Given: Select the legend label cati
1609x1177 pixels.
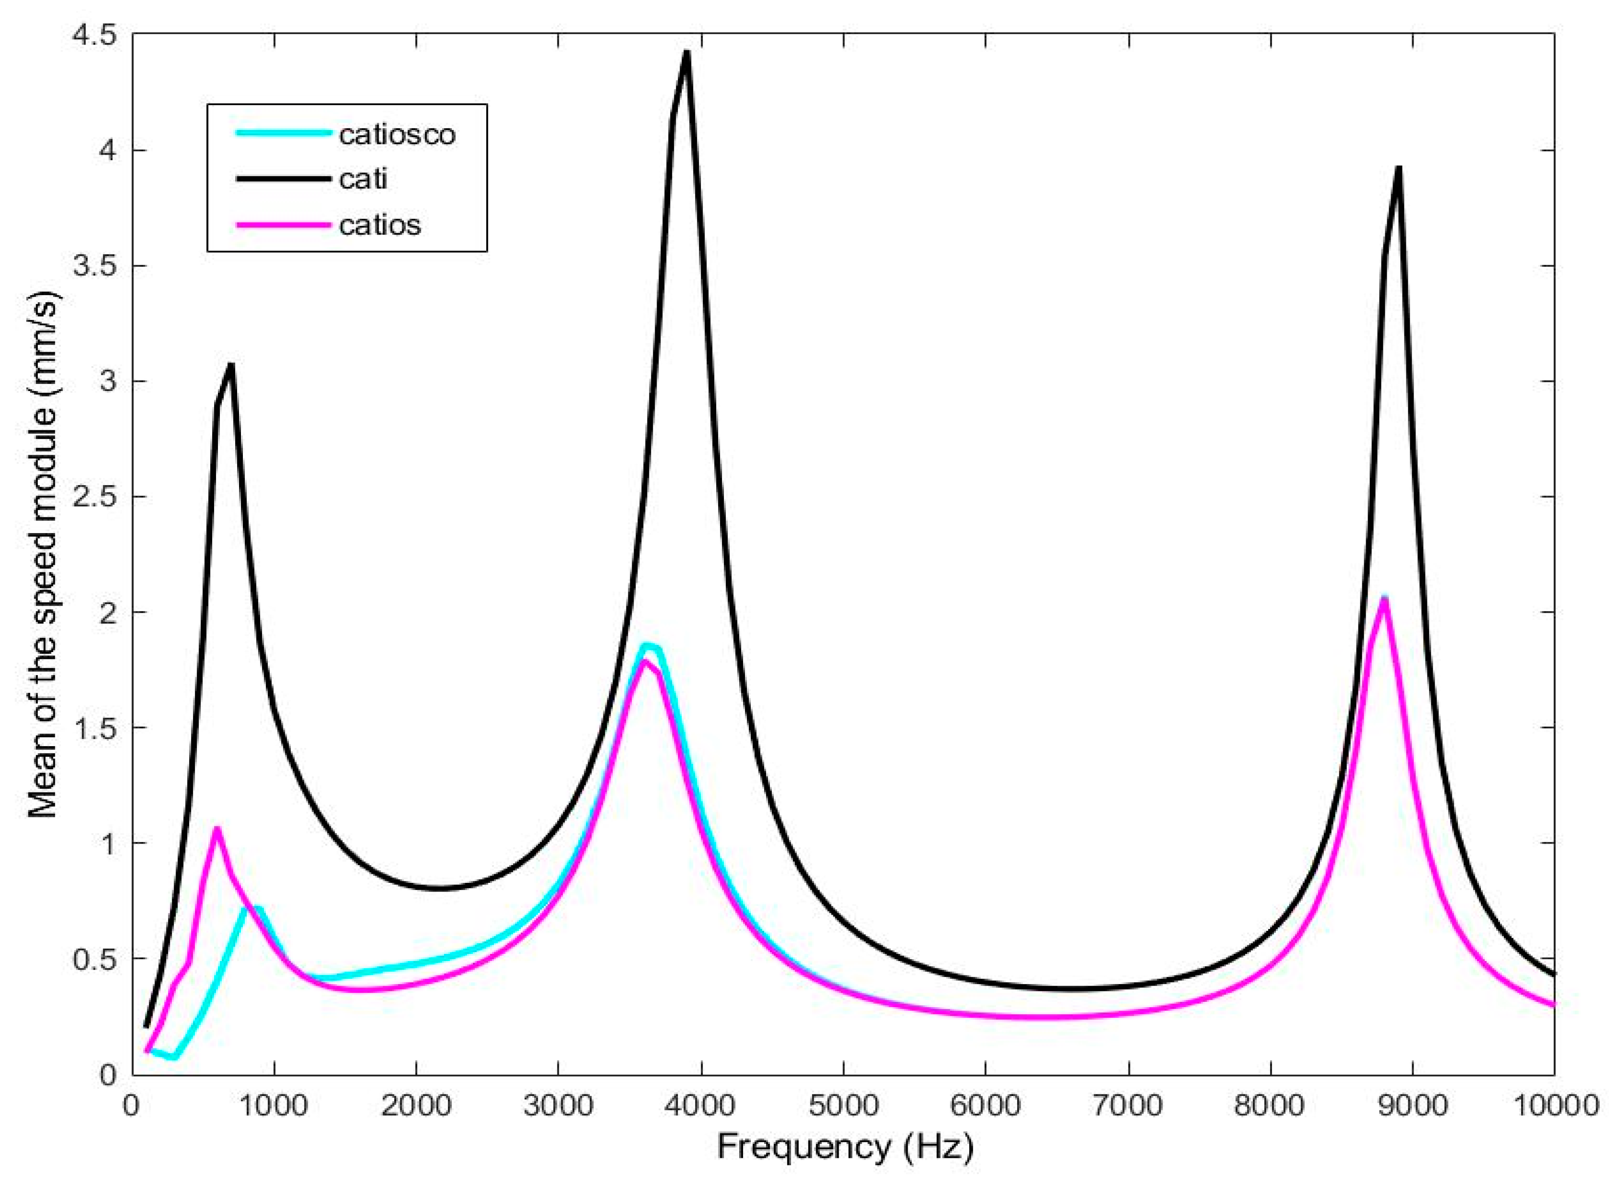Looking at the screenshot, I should tap(363, 179).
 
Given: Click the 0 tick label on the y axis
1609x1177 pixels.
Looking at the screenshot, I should tap(107, 1074).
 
